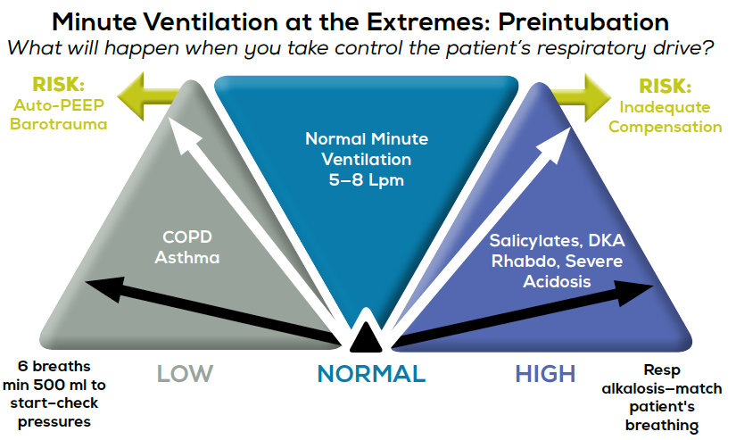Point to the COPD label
186,240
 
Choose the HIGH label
546,373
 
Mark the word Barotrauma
58,125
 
